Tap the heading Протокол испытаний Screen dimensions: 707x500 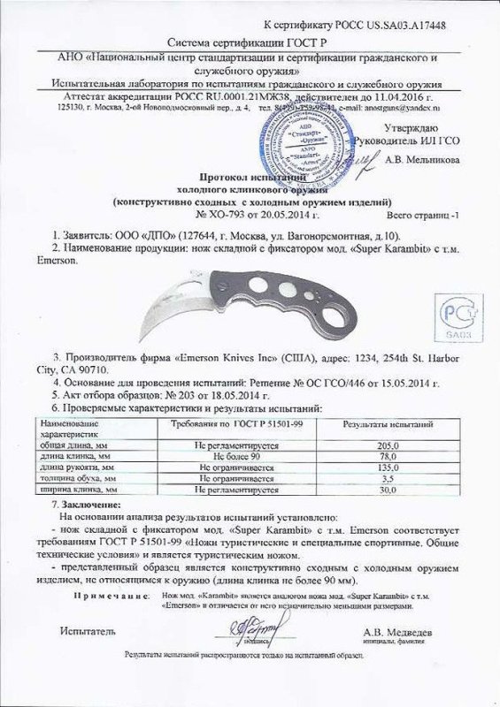coord(251,177)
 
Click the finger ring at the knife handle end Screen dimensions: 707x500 coord(328,319)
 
